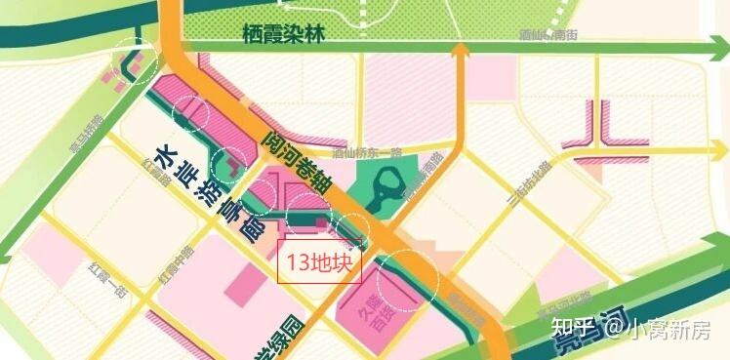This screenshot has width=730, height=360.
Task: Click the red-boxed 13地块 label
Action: click(x=320, y=262)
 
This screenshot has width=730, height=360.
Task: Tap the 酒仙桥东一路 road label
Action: click(x=368, y=153)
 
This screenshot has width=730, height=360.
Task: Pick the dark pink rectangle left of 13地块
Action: click(x=240, y=284)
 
